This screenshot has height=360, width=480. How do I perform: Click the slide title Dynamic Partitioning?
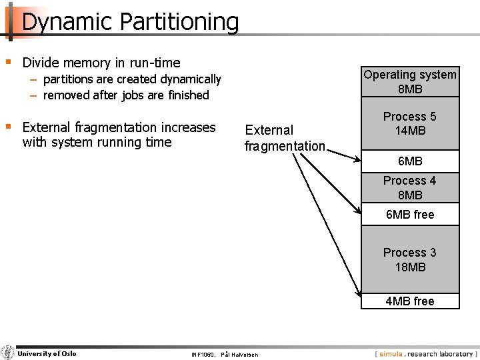tap(130, 22)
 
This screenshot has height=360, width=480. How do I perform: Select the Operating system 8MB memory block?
tap(410, 82)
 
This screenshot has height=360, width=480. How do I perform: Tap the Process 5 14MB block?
tap(410, 123)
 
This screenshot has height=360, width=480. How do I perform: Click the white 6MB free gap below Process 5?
tap(410, 161)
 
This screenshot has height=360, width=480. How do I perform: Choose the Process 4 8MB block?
tap(410, 188)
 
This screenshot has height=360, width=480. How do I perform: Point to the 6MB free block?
tap(410, 215)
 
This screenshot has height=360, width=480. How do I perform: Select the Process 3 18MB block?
tap(410, 260)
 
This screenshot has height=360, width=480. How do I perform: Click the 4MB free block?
tap(410, 301)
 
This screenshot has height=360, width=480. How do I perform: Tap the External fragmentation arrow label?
tap(285, 138)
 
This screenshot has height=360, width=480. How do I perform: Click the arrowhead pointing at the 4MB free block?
tap(357, 291)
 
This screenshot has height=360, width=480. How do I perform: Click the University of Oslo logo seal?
tap(7, 353)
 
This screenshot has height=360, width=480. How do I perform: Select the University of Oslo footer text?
tap(47, 353)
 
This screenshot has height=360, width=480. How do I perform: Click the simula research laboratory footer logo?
tap(426, 354)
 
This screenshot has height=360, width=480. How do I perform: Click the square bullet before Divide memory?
tap(8, 62)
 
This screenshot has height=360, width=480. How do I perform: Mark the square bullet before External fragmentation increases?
tap(8, 126)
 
